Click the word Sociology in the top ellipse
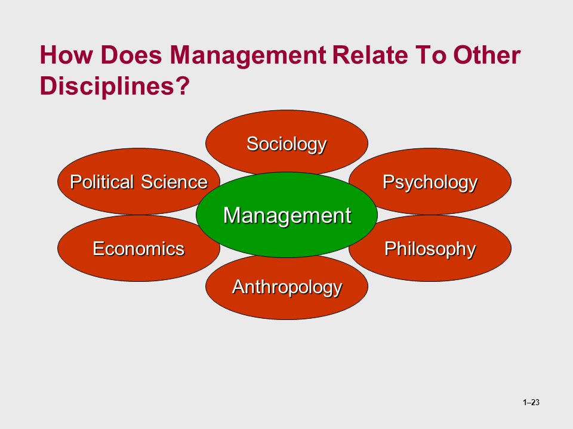tap(286, 144)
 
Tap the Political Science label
tap(139, 182)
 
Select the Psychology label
tap(430, 182)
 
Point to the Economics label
tap(138, 249)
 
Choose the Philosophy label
tap(430, 250)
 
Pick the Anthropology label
tap(287, 287)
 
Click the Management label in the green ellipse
tap(287, 215)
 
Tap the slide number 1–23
tap(531, 402)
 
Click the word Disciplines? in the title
tap(115, 86)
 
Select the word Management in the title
tap(248, 55)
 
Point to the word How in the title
tap(66, 55)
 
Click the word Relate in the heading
tap(370, 55)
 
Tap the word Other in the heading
tap(487, 55)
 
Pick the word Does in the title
tap(131, 55)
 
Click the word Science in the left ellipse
tap(174, 182)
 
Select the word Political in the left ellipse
tap(102, 182)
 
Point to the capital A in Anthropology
tap(239, 287)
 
